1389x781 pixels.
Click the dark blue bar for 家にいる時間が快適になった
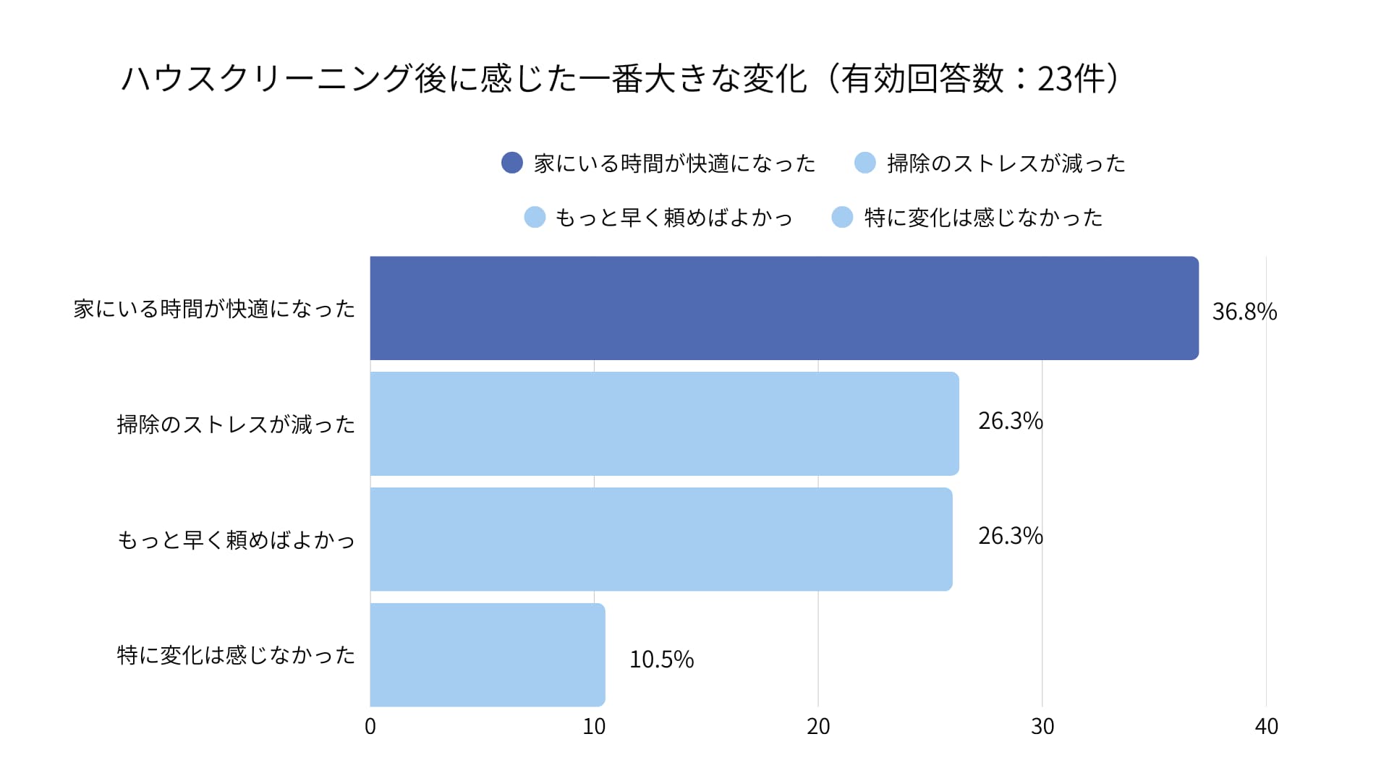coord(784,308)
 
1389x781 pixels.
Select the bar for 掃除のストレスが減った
coord(664,424)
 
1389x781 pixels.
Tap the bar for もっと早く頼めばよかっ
coord(661,539)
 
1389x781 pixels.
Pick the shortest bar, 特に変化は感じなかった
coord(488,655)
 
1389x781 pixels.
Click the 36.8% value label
coord(1244,312)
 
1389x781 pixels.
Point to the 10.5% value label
coord(661,660)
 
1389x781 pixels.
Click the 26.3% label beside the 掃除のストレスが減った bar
coord(1010,421)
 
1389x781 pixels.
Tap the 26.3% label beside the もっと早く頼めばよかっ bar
coord(1010,536)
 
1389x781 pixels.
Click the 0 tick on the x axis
coord(370,727)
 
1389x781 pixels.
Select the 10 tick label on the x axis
coord(594,727)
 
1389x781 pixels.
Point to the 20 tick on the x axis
coord(818,727)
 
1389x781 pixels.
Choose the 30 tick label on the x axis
coord(1042,727)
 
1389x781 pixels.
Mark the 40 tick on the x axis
coord(1266,727)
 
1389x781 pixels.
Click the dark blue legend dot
coord(512,163)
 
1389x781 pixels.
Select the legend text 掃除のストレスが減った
coord(1006,163)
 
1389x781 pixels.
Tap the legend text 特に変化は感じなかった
coord(983,218)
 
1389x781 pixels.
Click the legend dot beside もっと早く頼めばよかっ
coord(535,217)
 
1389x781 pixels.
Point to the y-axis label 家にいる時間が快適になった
coord(214,310)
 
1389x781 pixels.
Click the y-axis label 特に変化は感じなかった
coord(236,655)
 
